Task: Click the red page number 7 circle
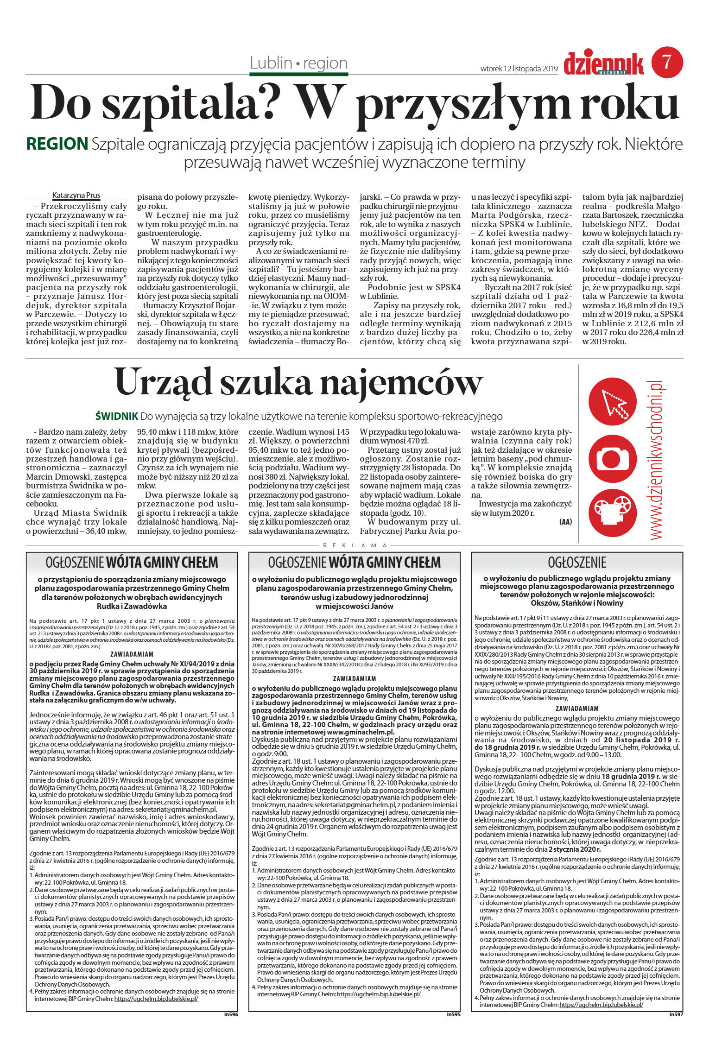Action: coord(667,62)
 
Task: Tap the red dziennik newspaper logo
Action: coord(603,63)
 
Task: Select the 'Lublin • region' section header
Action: coord(298,63)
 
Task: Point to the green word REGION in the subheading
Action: coord(57,144)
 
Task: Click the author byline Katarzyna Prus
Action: coord(76,195)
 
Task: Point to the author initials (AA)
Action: coord(565,522)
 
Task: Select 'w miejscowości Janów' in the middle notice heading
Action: coord(354,606)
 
